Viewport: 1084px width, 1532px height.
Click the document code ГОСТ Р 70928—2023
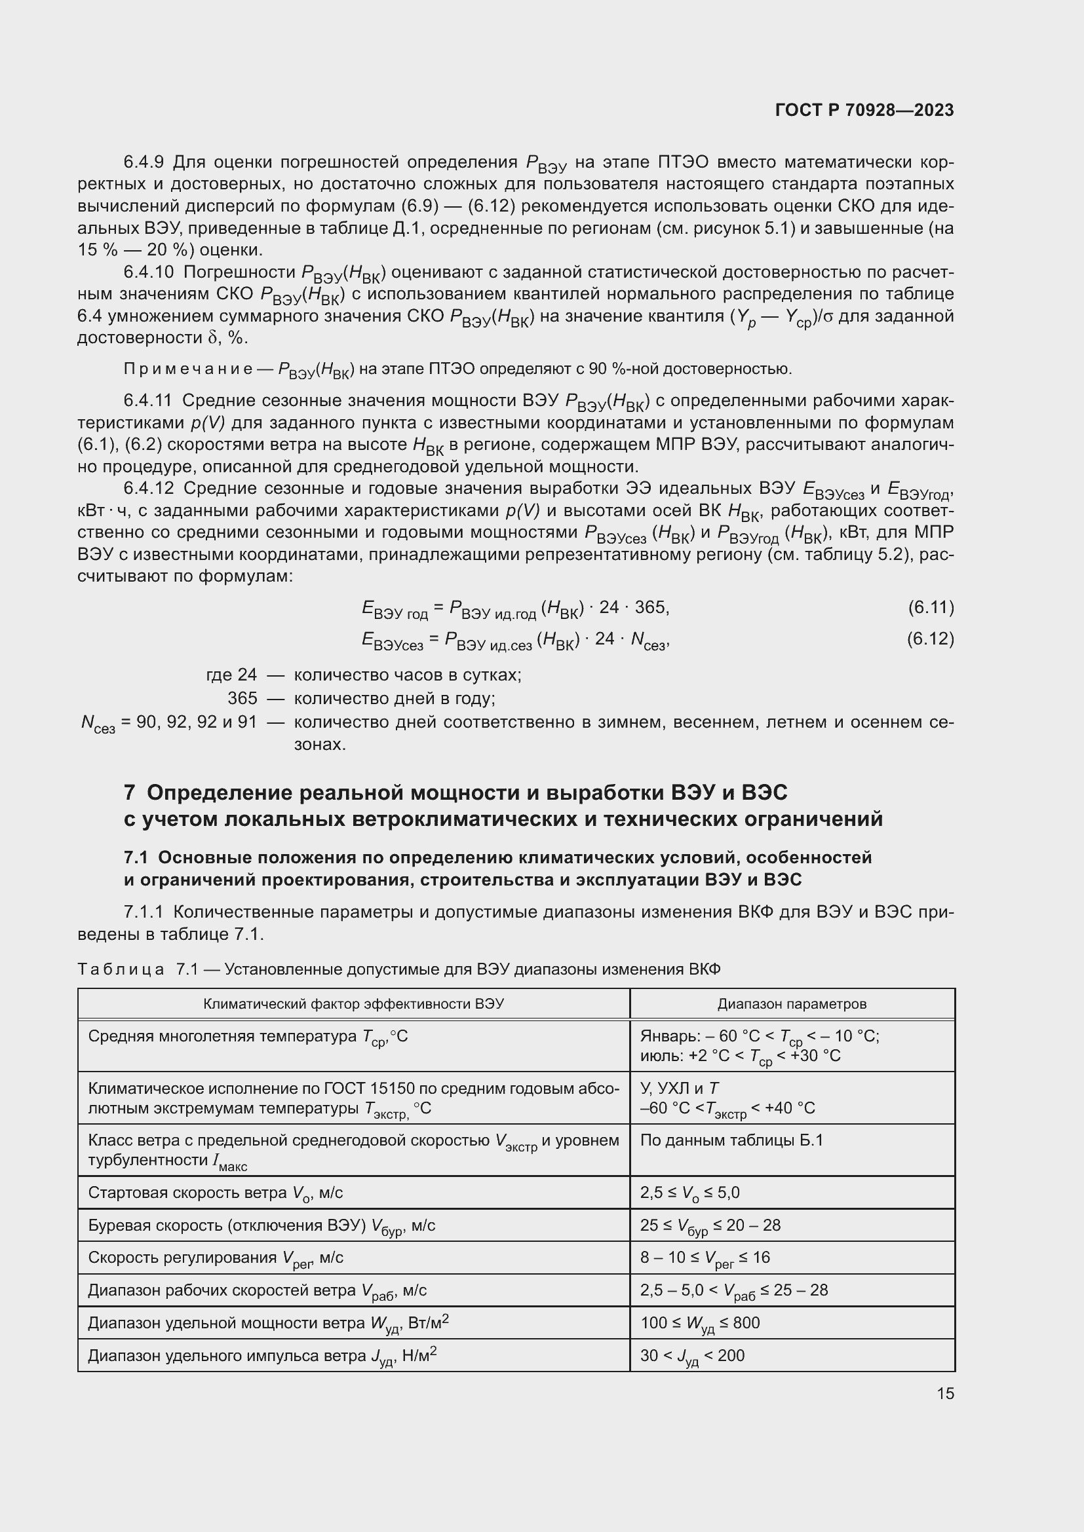click(864, 111)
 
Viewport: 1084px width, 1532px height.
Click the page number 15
click(945, 1393)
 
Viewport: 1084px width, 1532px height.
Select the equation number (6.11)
click(931, 607)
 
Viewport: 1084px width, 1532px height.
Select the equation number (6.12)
click(931, 639)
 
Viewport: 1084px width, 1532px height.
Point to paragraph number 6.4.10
click(148, 272)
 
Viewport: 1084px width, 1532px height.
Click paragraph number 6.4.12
click(148, 489)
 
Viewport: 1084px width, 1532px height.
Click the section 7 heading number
click(130, 793)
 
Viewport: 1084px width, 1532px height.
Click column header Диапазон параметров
click(792, 1003)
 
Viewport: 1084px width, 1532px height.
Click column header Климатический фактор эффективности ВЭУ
click(353, 1003)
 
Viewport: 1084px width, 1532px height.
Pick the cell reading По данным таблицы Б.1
click(731, 1140)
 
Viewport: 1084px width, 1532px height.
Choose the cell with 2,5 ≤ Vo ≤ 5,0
click(689, 1192)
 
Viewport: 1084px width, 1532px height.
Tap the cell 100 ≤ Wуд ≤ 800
click(699, 1322)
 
